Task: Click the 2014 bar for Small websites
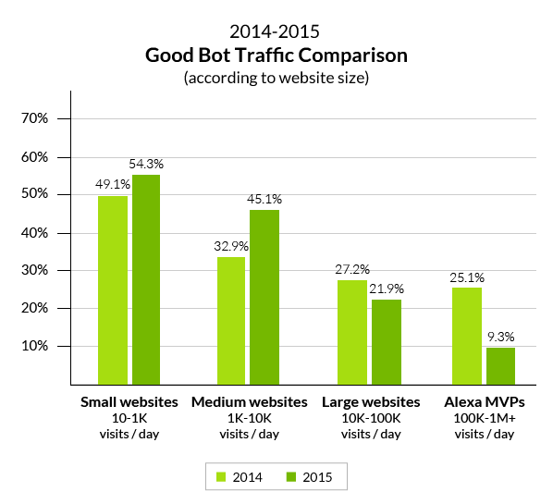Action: pyautogui.click(x=112, y=289)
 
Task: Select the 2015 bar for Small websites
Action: pyautogui.click(x=146, y=278)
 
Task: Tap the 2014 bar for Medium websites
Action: pyautogui.click(x=231, y=320)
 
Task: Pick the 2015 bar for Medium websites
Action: pyautogui.click(x=264, y=297)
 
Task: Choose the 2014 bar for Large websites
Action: pyautogui.click(x=351, y=331)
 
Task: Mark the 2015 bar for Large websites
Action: pyautogui.click(x=386, y=341)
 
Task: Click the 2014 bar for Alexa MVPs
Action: pyautogui.click(x=467, y=335)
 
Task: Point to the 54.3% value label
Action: pyautogui.click(x=146, y=164)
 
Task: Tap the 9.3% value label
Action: pyautogui.click(x=501, y=337)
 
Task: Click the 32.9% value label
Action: pyautogui.click(x=230, y=245)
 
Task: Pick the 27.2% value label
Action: pyautogui.click(x=351, y=268)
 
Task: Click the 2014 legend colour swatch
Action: pyautogui.click(x=221, y=477)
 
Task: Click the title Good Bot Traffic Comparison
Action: pyautogui.click(x=276, y=55)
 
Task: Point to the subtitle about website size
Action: pyautogui.click(x=276, y=78)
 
